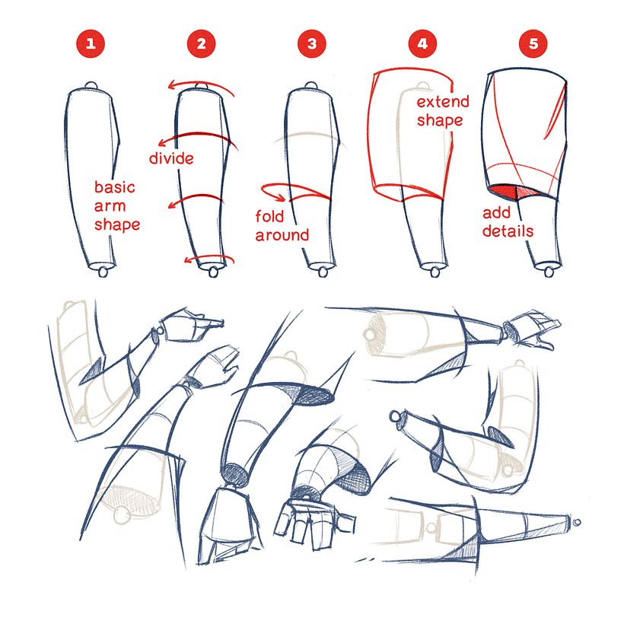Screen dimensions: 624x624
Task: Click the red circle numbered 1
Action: click(91, 43)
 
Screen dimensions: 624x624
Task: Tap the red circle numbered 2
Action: click(201, 43)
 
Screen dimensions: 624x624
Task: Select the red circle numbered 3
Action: click(311, 43)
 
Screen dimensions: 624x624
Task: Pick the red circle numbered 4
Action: click(422, 43)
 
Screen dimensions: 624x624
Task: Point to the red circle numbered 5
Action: click(533, 43)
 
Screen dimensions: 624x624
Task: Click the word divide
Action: click(170, 158)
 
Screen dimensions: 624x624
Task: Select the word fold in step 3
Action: click(271, 217)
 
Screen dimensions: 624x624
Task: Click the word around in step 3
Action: click(282, 235)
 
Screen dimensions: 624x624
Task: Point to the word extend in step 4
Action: click(442, 102)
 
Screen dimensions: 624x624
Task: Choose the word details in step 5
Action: click(508, 231)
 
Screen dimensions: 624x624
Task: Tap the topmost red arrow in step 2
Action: click(201, 86)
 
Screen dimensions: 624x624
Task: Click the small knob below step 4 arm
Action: click(435, 272)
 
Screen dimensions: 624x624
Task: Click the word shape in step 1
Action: click(117, 225)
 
